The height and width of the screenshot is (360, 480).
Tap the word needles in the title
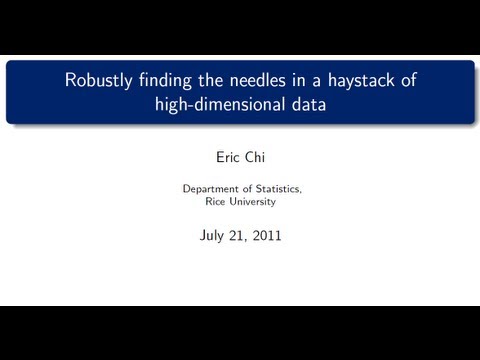click(x=258, y=81)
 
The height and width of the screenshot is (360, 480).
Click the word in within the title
click(x=300, y=81)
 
